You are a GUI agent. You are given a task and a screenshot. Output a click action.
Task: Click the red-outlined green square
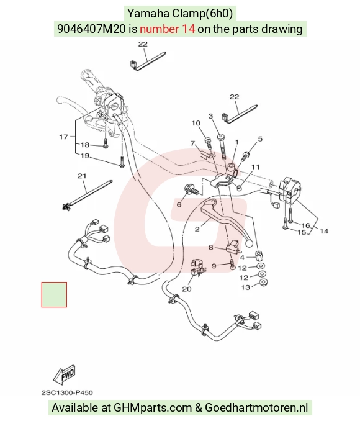(x=54, y=294)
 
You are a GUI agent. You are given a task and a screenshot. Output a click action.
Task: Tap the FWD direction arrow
(x=64, y=374)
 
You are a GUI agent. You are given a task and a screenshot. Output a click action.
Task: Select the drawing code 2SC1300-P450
(x=67, y=393)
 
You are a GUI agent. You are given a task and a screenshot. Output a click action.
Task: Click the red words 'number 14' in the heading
(x=167, y=29)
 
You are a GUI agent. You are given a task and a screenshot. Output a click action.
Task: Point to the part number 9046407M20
(x=91, y=29)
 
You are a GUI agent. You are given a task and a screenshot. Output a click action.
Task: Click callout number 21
(x=82, y=176)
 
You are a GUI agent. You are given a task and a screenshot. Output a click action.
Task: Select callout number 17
(x=63, y=137)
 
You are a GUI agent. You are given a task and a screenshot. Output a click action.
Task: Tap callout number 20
(x=187, y=289)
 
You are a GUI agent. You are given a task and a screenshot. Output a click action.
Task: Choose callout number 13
(x=245, y=287)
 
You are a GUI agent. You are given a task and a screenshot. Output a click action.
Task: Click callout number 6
(x=179, y=204)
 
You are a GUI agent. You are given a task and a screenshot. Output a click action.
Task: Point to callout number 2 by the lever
(x=197, y=229)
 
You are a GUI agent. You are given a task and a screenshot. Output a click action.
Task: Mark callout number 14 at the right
(x=324, y=231)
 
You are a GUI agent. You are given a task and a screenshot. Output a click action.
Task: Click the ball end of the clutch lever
(x=249, y=243)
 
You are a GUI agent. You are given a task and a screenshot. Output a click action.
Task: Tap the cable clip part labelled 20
(x=197, y=268)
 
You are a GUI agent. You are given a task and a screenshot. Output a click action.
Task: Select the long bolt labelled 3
(x=222, y=147)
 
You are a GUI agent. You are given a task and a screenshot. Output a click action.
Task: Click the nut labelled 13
(x=263, y=283)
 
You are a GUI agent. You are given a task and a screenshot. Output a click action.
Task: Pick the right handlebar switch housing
(x=289, y=189)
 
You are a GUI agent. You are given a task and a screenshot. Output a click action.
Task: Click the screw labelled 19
(x=122, y=162)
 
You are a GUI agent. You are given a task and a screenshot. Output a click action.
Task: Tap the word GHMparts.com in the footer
(x=153, y=407)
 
